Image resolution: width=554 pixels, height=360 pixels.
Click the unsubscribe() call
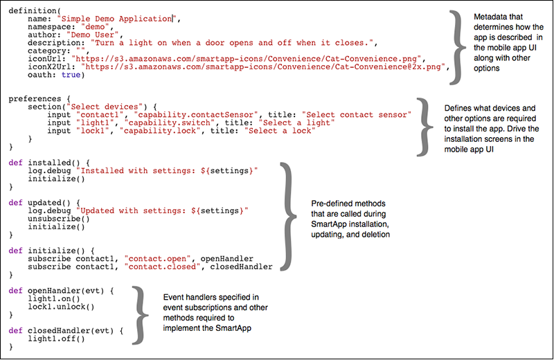tap(58, 218)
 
